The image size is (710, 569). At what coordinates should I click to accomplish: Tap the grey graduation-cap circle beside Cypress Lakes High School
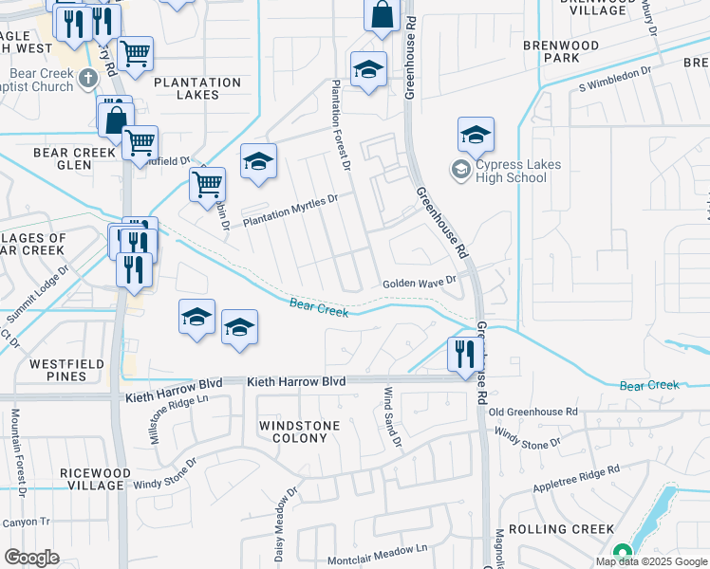point(461,171)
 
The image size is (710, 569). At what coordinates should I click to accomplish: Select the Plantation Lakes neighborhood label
point(198,88)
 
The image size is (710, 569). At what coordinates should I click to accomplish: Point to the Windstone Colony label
point(300,431)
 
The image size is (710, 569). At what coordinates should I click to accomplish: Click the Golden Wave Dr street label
point(420,283)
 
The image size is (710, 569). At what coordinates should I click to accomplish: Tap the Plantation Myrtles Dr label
point(290,211)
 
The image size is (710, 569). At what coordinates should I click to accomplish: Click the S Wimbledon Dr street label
point(614,79)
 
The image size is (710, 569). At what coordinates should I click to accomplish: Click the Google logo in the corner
point(31,558)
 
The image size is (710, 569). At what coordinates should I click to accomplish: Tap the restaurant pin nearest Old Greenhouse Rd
point(464,356)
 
